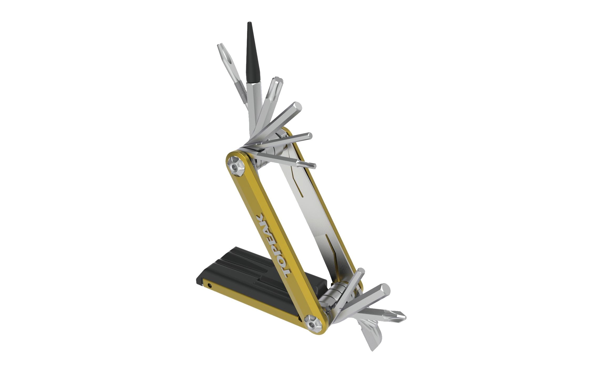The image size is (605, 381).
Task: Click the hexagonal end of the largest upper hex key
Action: coord(296,107)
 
